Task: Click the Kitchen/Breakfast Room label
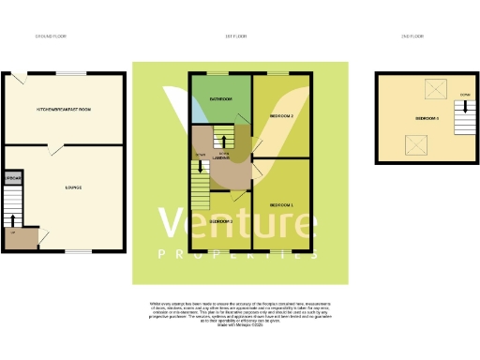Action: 63,110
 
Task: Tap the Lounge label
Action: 72,187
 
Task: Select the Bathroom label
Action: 221,98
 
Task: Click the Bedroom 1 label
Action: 281,204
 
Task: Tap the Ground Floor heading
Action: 51,37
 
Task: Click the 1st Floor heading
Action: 235,37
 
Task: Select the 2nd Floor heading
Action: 412,37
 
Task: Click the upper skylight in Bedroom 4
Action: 435,89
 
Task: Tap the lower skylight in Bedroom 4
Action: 413,145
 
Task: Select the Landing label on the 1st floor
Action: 223,158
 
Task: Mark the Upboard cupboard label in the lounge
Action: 13,178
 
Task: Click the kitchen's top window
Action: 68,74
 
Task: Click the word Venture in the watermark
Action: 236,225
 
